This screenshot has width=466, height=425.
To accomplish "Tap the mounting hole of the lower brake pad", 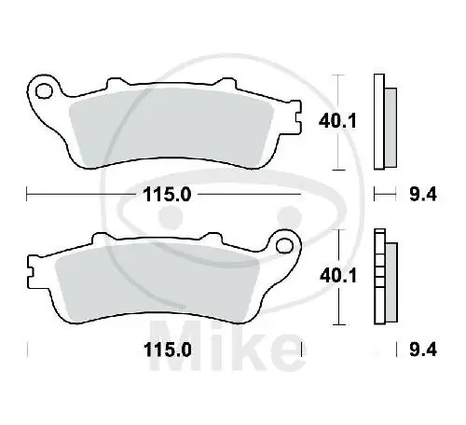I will pyautogui.click(x=286, y=247).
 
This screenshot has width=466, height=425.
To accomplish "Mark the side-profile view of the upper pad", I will pyautogui.click(x=383, y=121).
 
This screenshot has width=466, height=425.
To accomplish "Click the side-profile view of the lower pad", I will pyautogui.click(x=383, y=277).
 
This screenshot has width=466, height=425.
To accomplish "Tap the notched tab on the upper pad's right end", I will pyautogui.click(x=295, y=119).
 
